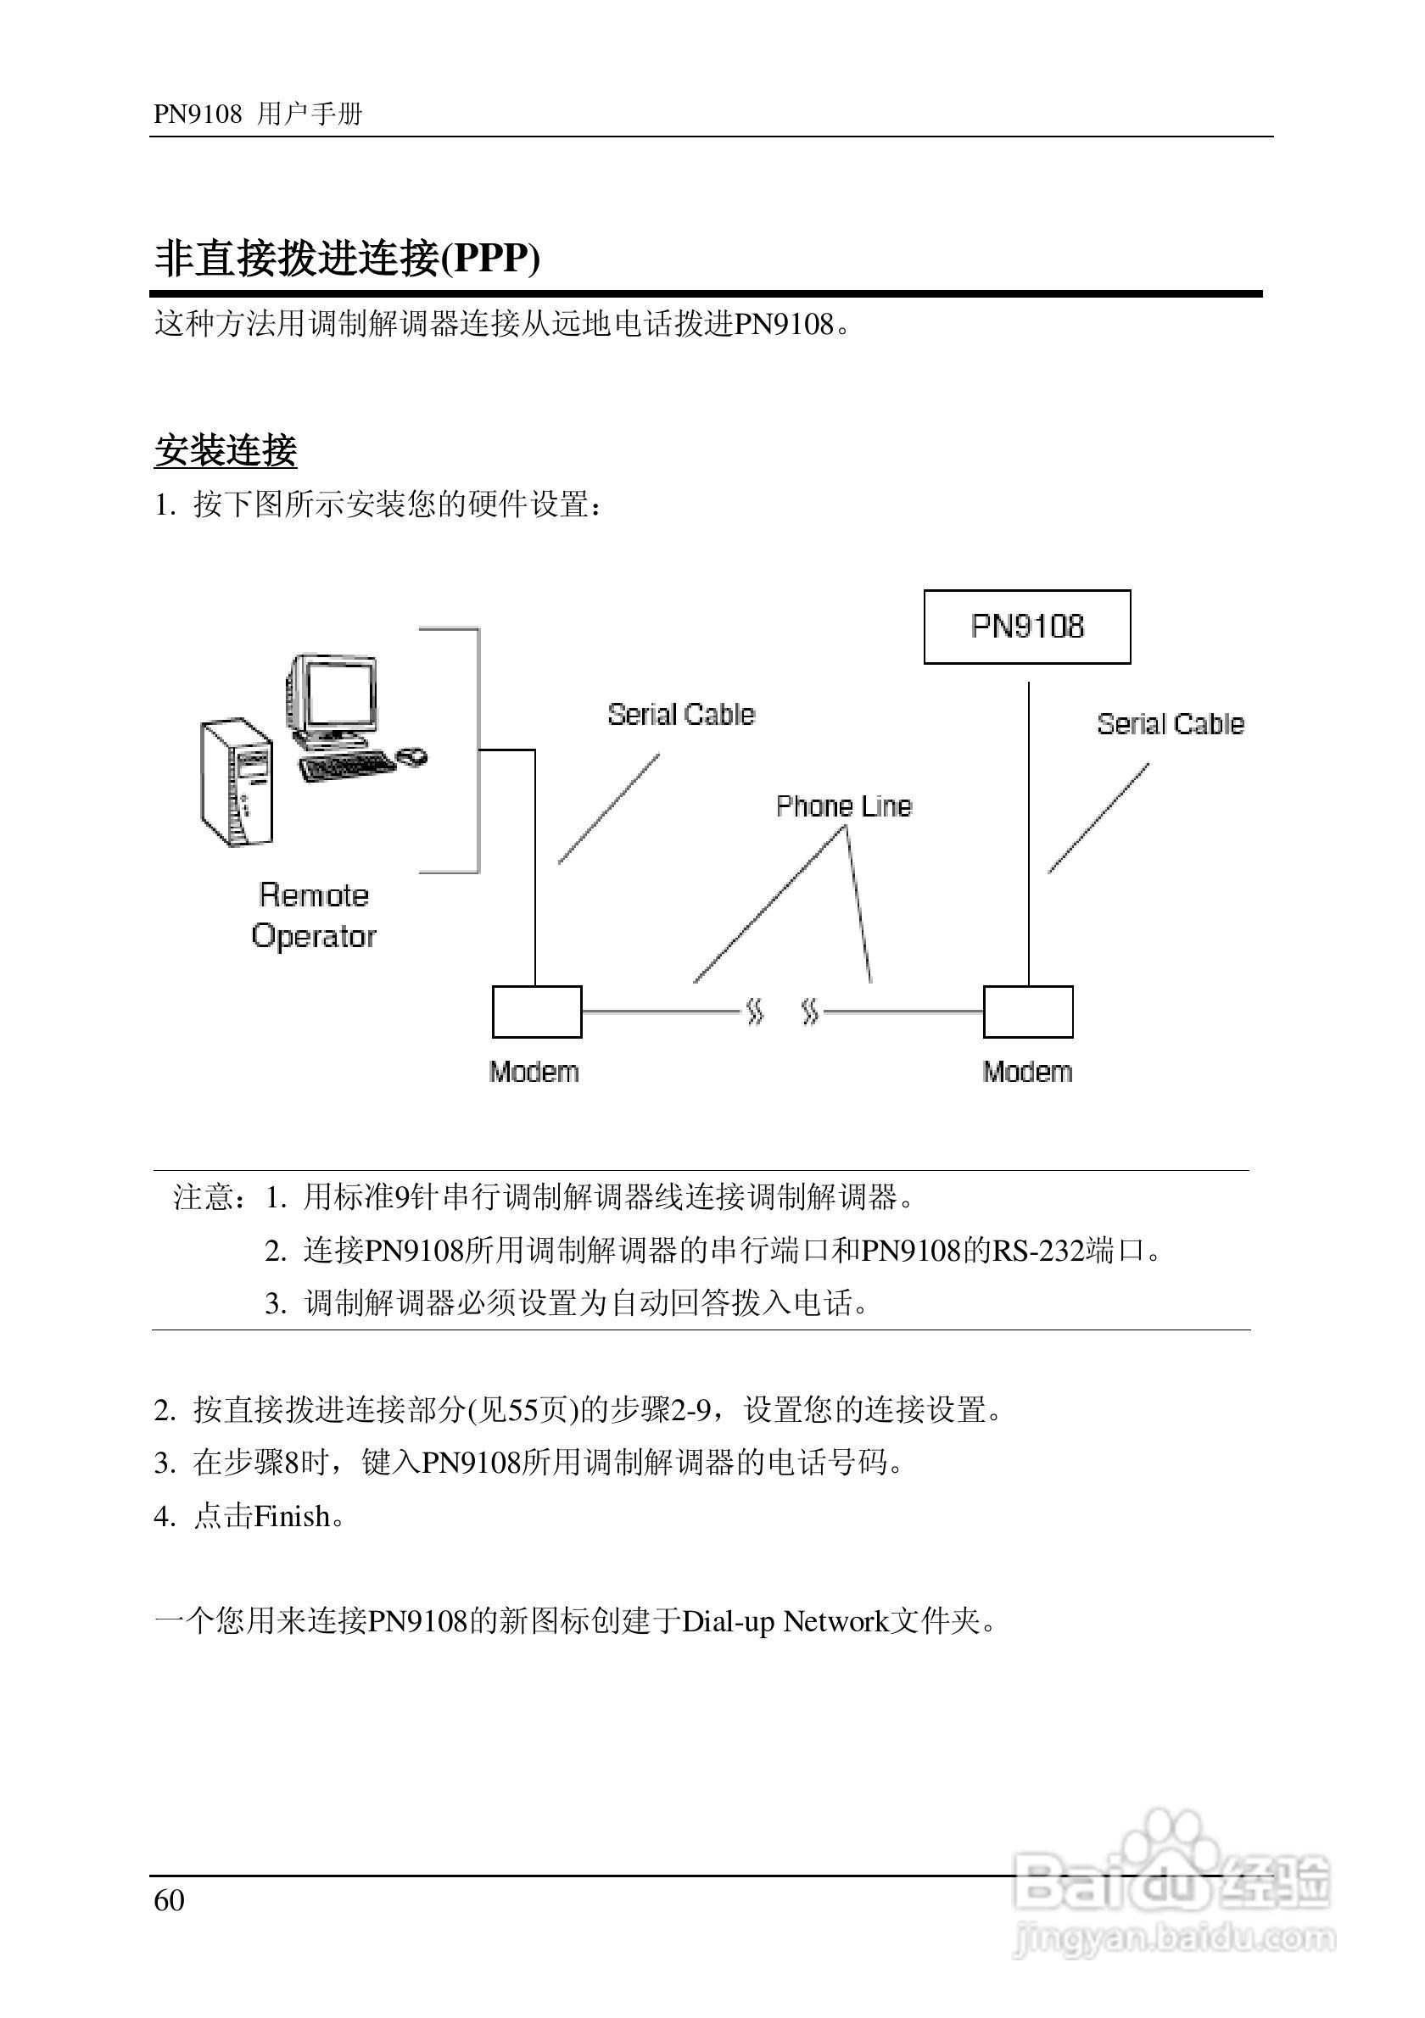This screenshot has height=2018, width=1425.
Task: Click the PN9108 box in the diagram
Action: tap(1027, 627)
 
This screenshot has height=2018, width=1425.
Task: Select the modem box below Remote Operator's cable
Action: tap(536, 1012)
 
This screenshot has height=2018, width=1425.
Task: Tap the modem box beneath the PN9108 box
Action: tap(1028, 1012)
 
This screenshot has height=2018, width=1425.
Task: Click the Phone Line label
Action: tap(844, 806)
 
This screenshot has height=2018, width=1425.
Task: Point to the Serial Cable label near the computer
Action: tap(681, 715)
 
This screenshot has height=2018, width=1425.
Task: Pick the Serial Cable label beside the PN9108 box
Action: tap(1170, 724)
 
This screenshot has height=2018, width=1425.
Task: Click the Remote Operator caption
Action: tap(314, 916)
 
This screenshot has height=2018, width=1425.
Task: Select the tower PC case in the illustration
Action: tap(236, 783)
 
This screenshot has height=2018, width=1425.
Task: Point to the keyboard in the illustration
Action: tap(345, 766)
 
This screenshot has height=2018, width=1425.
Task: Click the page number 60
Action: tap(169, 1900)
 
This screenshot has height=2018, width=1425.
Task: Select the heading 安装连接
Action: tap(226, 451)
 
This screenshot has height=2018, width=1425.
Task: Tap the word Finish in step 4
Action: tap(293, 1516)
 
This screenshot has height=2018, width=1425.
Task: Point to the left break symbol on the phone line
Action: tap(754, 1012)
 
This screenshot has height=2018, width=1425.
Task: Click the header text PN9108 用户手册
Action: tap(258, 114)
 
